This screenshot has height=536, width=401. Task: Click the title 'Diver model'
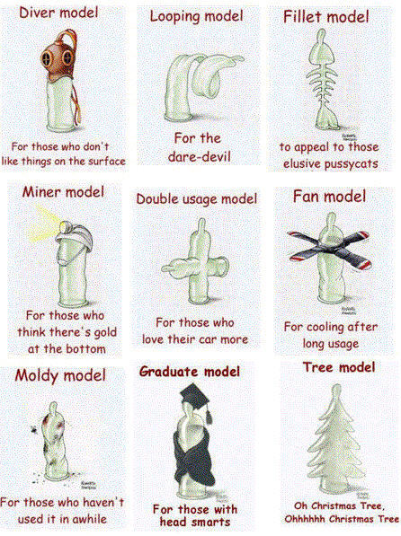(58, 13)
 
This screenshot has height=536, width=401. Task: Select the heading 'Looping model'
(196, 17)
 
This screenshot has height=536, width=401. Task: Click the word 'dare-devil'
(200, 156)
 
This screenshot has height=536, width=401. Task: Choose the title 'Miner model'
(63, 192)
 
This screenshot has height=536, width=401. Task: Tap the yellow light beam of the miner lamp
(45, 224)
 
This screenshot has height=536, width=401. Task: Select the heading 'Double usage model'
(197, 199)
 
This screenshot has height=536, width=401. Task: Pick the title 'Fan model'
(329, 197)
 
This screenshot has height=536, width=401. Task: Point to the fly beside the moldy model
(34, 429)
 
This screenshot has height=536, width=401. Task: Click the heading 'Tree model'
(339, 367)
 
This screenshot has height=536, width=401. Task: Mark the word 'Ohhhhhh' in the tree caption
(305, 519)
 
